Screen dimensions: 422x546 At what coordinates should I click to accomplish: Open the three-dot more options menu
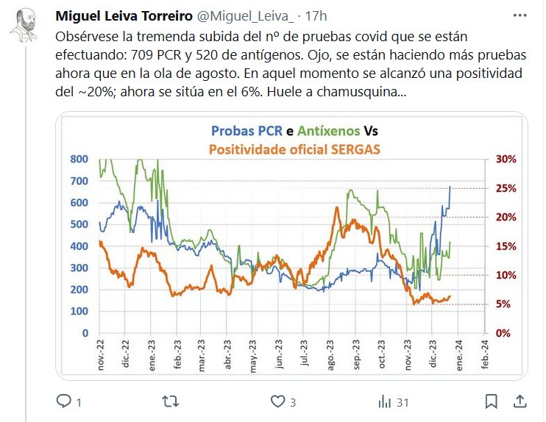(x=520, y=15)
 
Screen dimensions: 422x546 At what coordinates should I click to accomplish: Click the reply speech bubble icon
(x=65, y=401)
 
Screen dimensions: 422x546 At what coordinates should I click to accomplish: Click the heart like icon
(x=277, y=401)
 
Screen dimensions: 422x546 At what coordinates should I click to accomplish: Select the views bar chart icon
(x=384, y=401)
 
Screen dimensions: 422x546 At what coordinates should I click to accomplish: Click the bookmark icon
(x=492, y=401)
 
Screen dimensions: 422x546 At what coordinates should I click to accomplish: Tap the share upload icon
(x=520, y=401)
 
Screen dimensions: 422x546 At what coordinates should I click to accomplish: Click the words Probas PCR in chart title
(x=247, y=132)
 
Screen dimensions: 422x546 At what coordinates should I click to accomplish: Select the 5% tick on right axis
(x=503, y=304)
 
